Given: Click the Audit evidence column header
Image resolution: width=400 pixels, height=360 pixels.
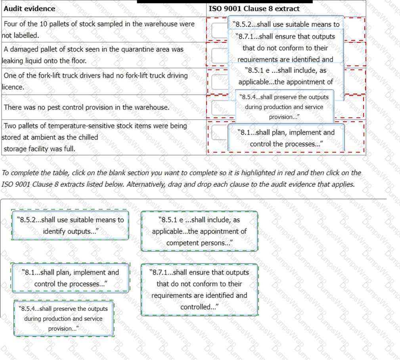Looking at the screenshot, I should pos(29,8).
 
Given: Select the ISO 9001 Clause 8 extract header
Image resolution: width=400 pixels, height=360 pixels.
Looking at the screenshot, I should pos(254,8).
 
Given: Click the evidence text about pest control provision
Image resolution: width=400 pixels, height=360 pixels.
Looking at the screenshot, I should pos(86,107).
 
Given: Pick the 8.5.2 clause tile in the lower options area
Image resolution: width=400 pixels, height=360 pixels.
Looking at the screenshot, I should pos(71,225).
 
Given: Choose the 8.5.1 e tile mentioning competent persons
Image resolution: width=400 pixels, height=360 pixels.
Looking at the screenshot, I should pos(199,231).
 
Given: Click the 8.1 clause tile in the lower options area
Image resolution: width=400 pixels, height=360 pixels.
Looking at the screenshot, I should pos(70,278).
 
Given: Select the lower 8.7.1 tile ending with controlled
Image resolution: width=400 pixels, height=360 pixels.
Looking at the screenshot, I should pos(199,289).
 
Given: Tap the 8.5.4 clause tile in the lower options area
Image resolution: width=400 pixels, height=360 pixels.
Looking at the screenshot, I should pos(63,318).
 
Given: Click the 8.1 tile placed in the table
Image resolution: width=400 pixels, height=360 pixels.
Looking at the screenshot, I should pos(286,138).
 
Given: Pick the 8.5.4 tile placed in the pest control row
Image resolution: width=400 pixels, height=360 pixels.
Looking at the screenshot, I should pos(284,107).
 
